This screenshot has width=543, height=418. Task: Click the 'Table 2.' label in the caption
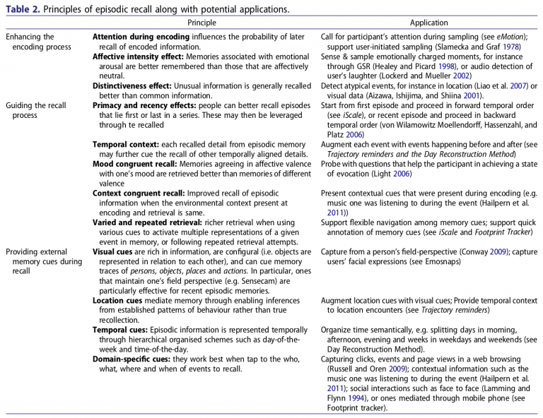[x=21, y=9]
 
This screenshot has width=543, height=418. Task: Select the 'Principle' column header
[x=202, y=23]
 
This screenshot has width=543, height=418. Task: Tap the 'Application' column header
[x=428, y=23]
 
